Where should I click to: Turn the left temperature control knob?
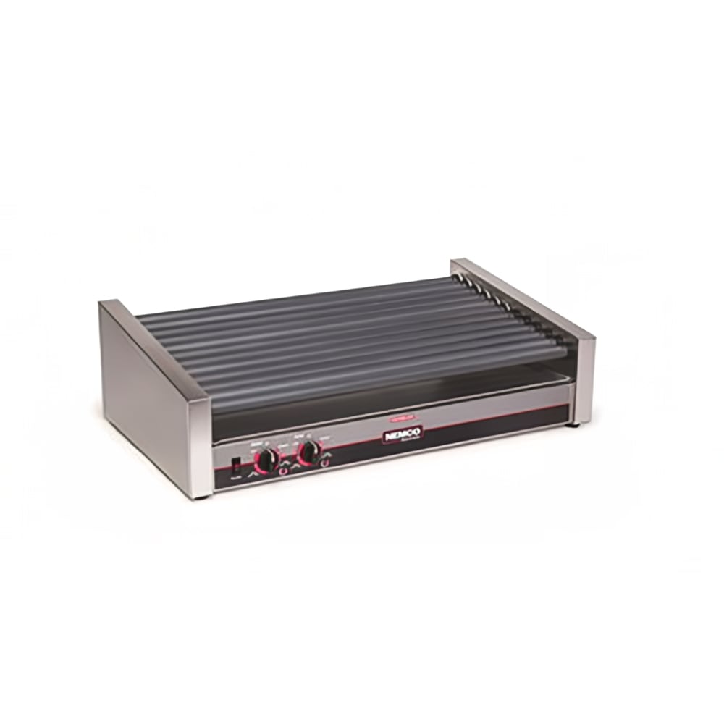click(x=268, y=459)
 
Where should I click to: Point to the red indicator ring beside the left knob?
click(x=283, y=471)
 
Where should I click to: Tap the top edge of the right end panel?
click(x=521, y=297)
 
